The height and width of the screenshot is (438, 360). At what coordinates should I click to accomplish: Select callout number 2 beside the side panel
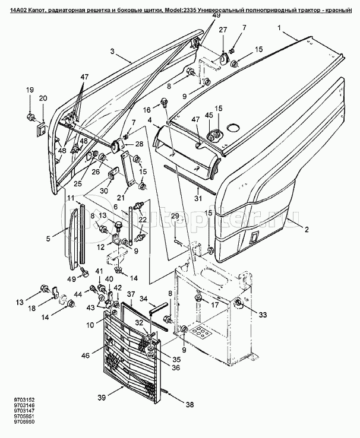click(307, 227)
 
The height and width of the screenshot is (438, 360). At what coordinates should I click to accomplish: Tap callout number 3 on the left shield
click(112, 52)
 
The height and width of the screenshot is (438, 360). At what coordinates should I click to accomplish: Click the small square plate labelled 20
click(41, 126)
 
